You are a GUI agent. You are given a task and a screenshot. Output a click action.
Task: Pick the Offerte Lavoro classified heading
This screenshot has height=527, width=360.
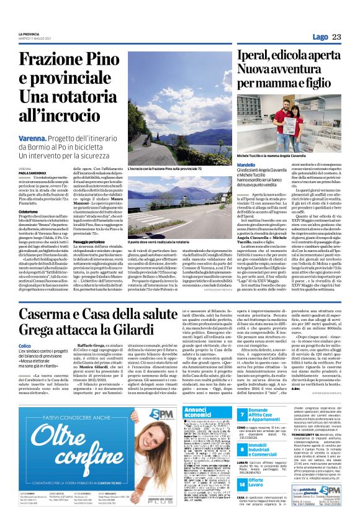(x=299, y=480)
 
